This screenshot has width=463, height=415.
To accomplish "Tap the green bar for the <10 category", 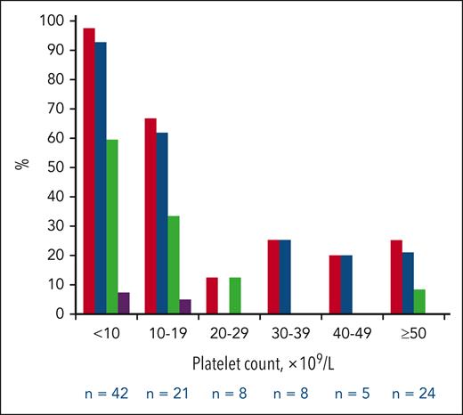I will coord(112,227).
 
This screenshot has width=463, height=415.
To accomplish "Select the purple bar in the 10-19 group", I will coord(185,306).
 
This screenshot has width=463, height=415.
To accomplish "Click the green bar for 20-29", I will coord(235,296).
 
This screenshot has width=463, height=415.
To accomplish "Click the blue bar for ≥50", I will coord(408,283).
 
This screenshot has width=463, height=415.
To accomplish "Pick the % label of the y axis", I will coord(20,167).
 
